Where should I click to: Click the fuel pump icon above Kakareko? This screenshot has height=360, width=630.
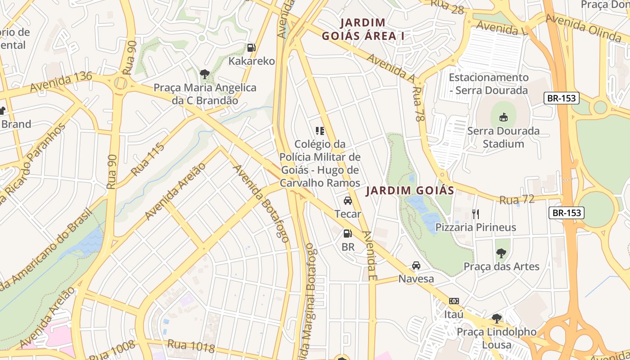[252, 47]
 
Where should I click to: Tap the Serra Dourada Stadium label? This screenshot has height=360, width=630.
[503, 138]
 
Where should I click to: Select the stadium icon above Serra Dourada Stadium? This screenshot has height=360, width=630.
[503, 117]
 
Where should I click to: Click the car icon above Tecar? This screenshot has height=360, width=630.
[348, 201]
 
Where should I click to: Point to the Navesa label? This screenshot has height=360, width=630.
[416, 279]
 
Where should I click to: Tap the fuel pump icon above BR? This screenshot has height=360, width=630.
[348, 233]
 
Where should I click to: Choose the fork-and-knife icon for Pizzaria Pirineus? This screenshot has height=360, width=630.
[476, 214]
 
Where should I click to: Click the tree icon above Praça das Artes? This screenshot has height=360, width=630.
[501, 253]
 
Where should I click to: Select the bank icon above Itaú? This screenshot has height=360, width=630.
[454, 301]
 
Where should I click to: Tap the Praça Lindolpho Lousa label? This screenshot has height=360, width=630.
[496, 338]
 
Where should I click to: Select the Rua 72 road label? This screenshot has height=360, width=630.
[517, 199]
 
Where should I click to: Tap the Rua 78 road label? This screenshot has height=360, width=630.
[418, 104]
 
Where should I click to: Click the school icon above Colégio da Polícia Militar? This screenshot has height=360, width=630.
[320, 131]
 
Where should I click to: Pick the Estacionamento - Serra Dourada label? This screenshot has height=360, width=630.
[488, 84]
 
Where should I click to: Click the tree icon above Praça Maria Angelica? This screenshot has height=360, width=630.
[205, 74]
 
